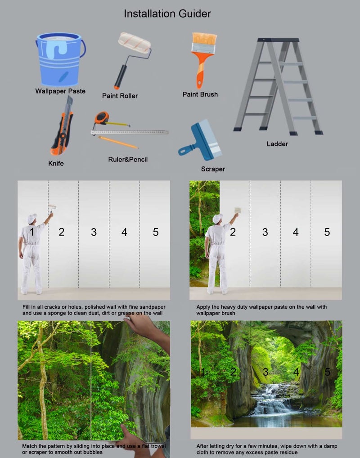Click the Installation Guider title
click(x=167, y=14)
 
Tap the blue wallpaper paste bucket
click(x=60, y=59)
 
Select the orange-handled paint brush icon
click(x=204, y=60)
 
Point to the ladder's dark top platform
click(x=278, y=40)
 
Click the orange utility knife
click(x=62, y=126)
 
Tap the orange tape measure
click(x=102, y=118)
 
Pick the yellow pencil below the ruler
click(x=118, y=142)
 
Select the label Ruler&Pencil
click(x=128, y=159)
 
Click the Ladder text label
click(x=277, y=144)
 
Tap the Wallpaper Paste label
click(x=60, y=91)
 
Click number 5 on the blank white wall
click(x=156, y=232)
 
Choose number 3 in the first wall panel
click(x=94, y=232)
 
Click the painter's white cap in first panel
click(x=32, y=218)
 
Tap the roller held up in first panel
click(x=52, y=207)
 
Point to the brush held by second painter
click(x=238, y=210)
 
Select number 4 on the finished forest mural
click(x=296, y=372)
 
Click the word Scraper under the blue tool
click(x=213, y=169)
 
